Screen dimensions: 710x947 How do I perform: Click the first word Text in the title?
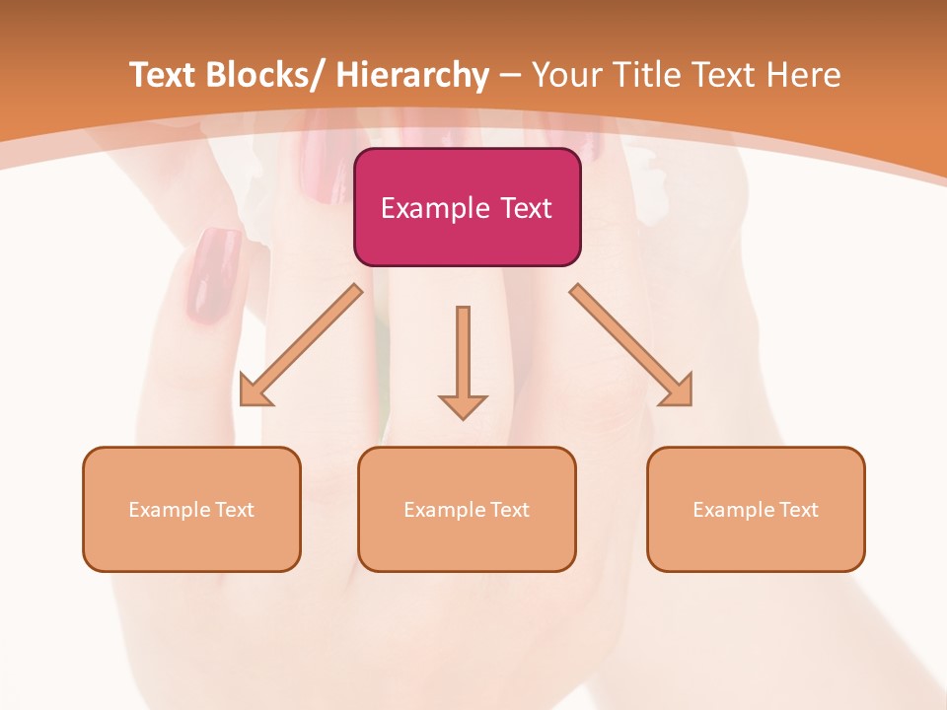coord(165,75)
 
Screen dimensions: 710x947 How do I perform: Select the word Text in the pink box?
coord(525,208)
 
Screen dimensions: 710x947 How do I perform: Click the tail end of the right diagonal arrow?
coord(579,293)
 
